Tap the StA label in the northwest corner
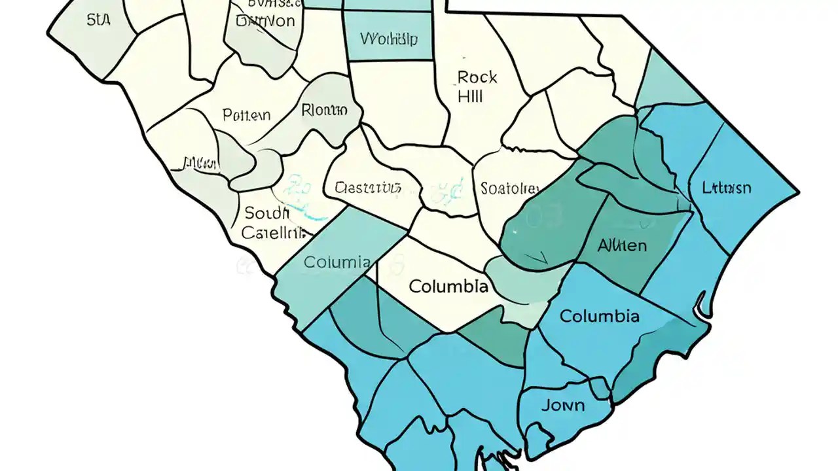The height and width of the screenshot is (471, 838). coord(98,20)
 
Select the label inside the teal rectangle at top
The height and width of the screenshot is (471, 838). coord(389,38)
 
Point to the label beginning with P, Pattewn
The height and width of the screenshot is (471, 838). coord(246,116)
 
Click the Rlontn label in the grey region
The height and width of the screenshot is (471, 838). coord(324,110)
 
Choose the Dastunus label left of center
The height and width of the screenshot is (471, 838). coord(367,188)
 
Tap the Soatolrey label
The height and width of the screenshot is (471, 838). coord(509,189)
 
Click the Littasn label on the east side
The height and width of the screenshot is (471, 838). coord(726,188)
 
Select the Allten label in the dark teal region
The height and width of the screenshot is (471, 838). coord(622,246)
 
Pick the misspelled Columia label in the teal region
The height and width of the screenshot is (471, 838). coord(337,263)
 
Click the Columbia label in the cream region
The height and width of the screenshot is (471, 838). coord(448,287)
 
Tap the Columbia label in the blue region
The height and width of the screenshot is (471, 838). coord(599,317)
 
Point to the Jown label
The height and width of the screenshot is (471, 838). coord(563,405)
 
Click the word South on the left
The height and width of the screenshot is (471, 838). coord(266,213)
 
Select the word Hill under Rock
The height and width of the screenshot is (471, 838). coord(470,96)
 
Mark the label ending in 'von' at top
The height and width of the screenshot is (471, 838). coord(265,21)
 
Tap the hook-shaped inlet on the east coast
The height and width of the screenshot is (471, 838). coord(703,307)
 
